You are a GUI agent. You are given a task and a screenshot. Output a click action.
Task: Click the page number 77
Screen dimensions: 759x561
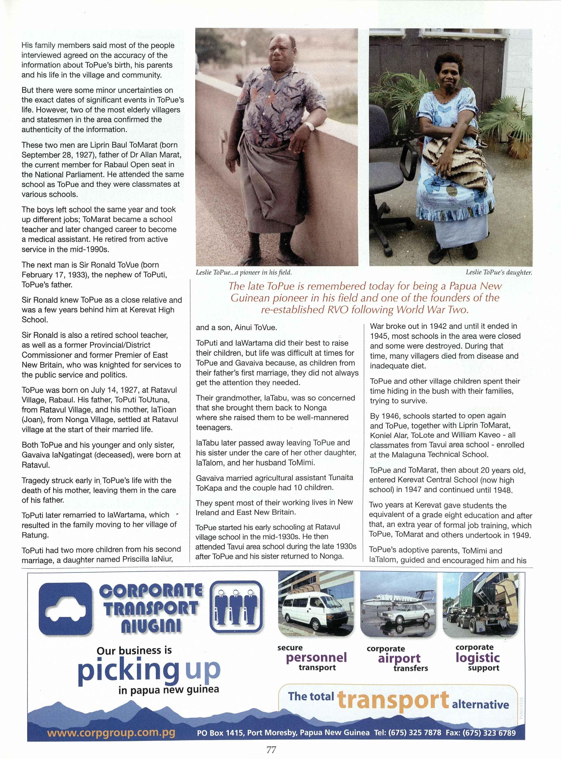271,749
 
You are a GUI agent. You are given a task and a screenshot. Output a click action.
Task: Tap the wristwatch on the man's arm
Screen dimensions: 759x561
309,126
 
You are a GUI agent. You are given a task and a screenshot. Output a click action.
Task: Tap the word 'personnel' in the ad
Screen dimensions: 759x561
316,657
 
